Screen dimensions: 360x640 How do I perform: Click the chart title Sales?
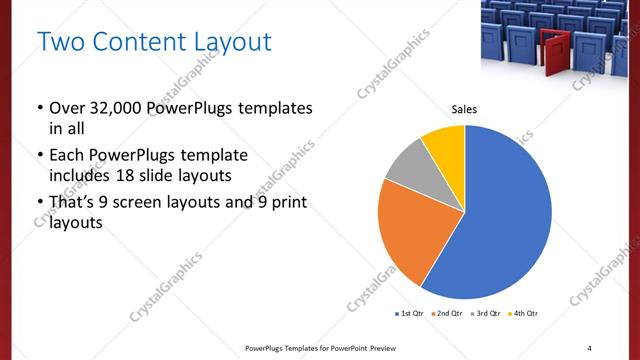point(464,111)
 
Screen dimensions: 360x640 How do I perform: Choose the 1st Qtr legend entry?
point(411,314)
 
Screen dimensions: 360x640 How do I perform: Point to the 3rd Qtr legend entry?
point(486,314)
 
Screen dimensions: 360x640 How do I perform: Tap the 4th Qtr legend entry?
point(524,314)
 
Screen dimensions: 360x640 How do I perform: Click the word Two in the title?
point(59,42)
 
